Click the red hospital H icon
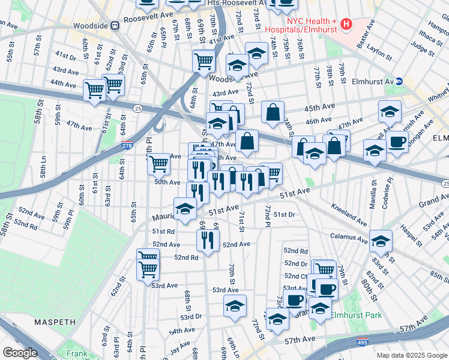346,25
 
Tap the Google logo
21,352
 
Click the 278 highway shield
127,145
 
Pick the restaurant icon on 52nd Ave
208,240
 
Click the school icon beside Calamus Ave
381,241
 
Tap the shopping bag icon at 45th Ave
273,112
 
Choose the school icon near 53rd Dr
235,305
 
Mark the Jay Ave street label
180,345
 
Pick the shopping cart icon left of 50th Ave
158,163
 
